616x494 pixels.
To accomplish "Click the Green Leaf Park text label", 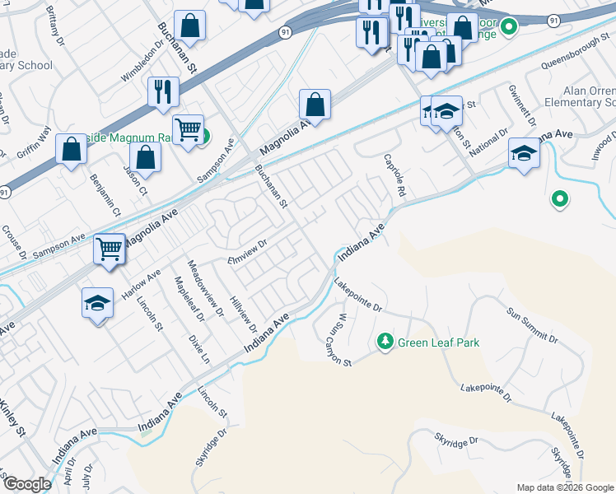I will pyautogui.click(x=438, y=343).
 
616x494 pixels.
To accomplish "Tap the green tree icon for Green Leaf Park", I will pyautogui.click(x=385, y=341).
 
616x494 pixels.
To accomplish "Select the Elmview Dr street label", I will pyautogui.click(x=247, y=250).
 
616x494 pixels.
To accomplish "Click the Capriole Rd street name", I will pyautogui.click(x=396, y=175).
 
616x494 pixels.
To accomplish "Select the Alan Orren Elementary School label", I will pyautogui.click(x=587, y=96).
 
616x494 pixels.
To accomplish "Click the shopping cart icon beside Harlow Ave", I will pyautogui.click(x=109, y=247).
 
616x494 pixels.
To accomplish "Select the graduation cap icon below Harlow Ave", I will pyautogui.click(x=97, y=302).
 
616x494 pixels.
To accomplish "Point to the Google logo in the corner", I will pyautogui.click(x=27, y=484).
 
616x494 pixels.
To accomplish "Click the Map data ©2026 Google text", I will pyautogui.click(x=564, y=487).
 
